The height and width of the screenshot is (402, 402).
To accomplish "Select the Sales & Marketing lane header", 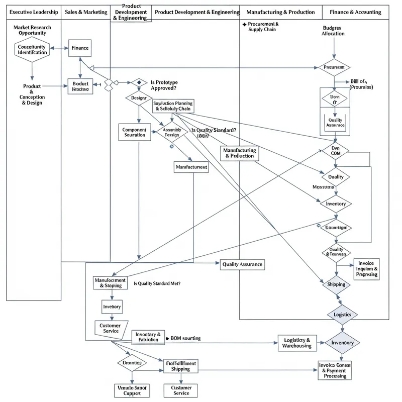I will [85, 12].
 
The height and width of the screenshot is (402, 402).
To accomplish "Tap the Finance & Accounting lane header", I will [355, 12].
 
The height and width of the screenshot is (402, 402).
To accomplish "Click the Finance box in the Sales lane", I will [79, 48].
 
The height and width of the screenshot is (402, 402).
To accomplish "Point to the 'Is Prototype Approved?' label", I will [164, 85].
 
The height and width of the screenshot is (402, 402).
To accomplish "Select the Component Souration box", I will [134, 132].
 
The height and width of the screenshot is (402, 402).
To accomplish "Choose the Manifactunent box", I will [190, 167].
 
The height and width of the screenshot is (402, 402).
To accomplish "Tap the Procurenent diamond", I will [334, 67].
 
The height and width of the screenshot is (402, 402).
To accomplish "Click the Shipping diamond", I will [336, 284].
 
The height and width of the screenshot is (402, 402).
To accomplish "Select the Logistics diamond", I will [346, 315].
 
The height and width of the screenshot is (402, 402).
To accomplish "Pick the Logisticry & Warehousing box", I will [297, 343].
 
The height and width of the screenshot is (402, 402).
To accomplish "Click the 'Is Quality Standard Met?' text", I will [157, 283].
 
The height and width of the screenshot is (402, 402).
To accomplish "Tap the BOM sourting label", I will [185, 338].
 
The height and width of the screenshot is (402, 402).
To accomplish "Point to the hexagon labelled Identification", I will [32, 49].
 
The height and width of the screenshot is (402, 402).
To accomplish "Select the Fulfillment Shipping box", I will [180, 365].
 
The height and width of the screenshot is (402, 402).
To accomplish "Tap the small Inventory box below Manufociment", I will [112, 306].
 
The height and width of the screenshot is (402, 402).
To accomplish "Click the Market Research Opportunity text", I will [32, 30].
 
